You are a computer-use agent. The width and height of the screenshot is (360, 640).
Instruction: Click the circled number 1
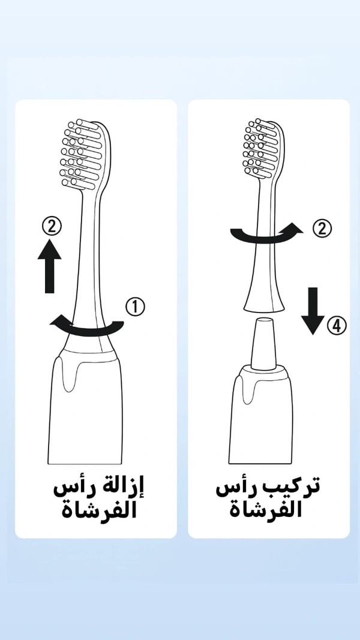135,307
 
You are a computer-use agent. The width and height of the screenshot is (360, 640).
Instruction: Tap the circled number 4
337,326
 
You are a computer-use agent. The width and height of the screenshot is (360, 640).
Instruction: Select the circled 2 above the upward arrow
52,226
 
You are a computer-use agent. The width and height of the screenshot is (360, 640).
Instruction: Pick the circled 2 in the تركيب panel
322,229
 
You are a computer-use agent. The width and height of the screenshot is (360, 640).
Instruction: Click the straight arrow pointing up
49,266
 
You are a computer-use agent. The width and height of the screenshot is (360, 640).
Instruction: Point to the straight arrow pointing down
313,311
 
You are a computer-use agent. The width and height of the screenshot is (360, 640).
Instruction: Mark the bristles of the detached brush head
261,148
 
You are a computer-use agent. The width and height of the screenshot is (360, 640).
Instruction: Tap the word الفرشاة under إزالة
99,510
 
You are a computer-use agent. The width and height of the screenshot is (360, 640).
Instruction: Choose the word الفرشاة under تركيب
265,509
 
